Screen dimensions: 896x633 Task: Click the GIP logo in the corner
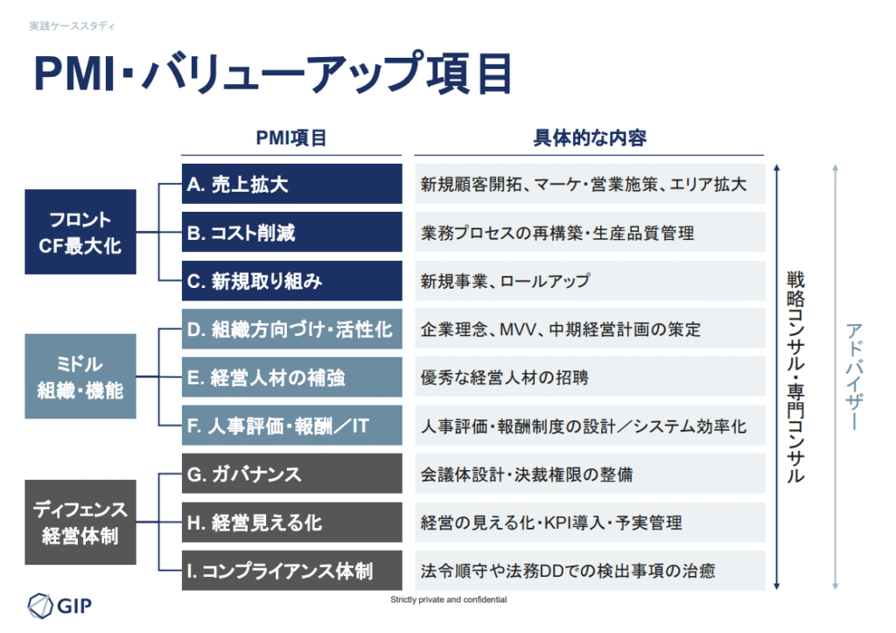60,605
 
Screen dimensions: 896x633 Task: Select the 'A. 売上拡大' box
291,184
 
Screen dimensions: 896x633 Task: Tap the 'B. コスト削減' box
291,232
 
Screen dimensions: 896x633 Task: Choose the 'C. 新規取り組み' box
291,281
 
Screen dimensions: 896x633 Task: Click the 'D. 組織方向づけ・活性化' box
291,329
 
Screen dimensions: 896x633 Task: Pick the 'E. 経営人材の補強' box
291,377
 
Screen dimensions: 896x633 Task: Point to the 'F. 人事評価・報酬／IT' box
291,426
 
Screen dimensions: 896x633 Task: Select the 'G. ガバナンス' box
291,474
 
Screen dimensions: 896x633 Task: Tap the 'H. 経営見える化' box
291,522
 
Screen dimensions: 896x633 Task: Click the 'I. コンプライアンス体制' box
291,570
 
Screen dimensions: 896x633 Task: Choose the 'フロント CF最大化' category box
80,232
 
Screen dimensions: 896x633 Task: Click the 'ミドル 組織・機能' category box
80,376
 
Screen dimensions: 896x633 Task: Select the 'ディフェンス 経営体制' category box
80,522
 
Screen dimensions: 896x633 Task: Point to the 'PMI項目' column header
290,137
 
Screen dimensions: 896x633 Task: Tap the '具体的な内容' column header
590,137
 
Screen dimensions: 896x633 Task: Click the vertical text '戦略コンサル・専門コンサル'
795,376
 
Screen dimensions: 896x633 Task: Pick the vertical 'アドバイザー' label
854,376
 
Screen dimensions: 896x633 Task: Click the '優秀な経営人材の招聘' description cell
590,377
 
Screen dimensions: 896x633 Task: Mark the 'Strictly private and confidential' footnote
449,599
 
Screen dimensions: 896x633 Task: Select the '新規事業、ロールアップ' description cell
590,281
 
